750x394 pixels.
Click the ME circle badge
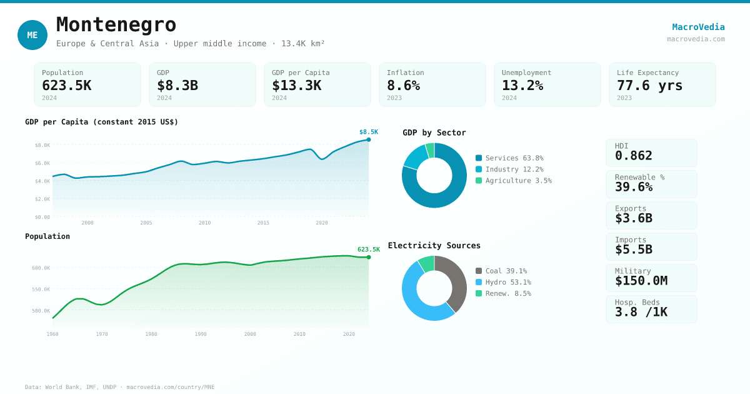(32, 35)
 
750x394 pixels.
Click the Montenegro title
(116, 25)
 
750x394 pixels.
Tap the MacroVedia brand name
(698, 27)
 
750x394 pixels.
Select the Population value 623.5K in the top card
(66, 86)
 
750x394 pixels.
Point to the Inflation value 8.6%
(403, 86)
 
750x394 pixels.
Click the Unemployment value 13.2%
(522, 86)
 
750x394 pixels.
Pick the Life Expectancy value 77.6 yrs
(649, 86)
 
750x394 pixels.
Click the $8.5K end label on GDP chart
(369, 132)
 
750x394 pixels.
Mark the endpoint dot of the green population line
(369, 257)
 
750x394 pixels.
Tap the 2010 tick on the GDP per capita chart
(204, 223)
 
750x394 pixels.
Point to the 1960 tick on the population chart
(52, 334)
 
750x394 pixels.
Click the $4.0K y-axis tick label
(42, 181)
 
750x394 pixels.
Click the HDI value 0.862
(633, 156)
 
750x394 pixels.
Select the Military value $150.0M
(641, 281)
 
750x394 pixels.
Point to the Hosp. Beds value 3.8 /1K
(641, 312)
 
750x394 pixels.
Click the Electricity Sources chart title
(434, 246)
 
